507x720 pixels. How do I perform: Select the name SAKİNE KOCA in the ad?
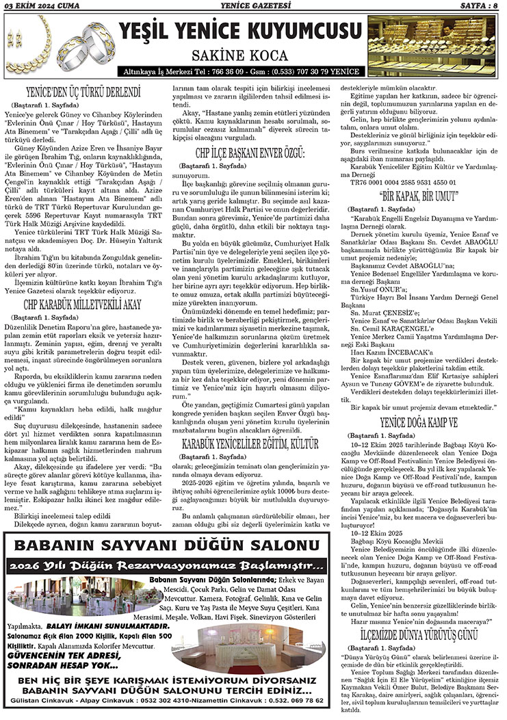pyautogui.click(x=239, y=54)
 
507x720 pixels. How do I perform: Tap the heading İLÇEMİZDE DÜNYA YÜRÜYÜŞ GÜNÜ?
pyautogui.click(x=422, y=636)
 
